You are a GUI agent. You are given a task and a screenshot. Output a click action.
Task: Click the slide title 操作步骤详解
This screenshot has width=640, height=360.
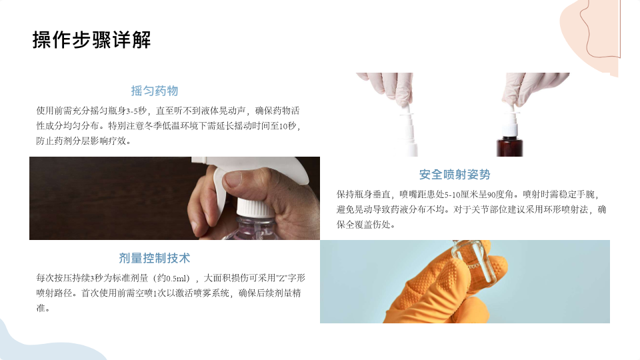(92, 40)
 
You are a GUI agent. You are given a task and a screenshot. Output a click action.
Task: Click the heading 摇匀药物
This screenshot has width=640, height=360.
(154, 91)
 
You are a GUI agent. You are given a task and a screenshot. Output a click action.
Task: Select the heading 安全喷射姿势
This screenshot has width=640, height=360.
(454, 175)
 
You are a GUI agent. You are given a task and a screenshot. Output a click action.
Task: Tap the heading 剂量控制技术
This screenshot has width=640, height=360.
(154, 258)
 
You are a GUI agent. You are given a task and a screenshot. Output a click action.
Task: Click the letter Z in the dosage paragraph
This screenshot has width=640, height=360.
(281, 279)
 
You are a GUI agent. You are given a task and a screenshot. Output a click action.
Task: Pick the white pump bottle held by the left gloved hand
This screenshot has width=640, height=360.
(407, 130)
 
